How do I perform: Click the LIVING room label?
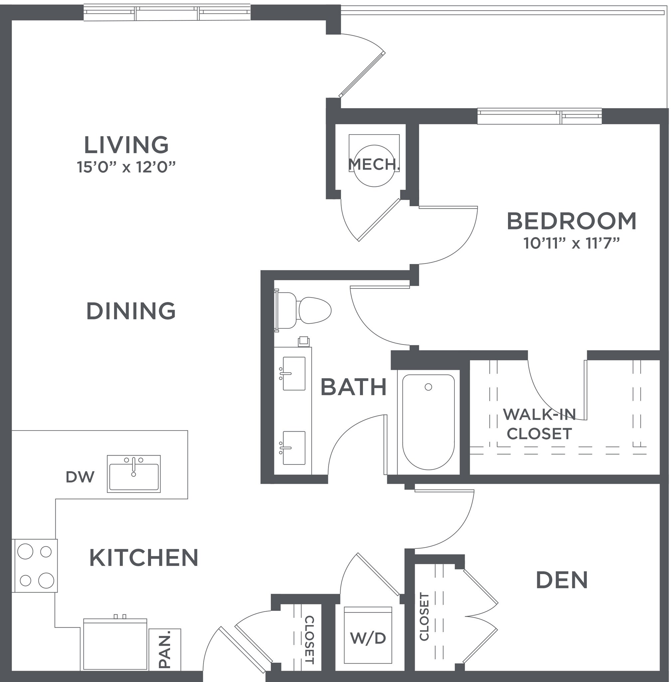tap(126, 145)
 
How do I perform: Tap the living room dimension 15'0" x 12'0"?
tap(126, 167)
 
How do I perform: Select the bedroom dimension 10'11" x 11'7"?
tap(571, 243)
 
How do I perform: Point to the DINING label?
tap(131, 311)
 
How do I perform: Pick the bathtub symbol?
tap(428, 422)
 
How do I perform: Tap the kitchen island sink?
tap(133, 474)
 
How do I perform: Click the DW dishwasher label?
tap(80, 477)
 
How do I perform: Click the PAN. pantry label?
tap(165, 649)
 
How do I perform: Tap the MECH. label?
tap(374, 165)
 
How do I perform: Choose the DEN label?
tap(562, 580)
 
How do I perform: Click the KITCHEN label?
tap(144, 558)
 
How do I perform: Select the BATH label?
tap(354, 387)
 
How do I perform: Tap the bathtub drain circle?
tap(428, 387)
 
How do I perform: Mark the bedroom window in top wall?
tap(539, 116)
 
